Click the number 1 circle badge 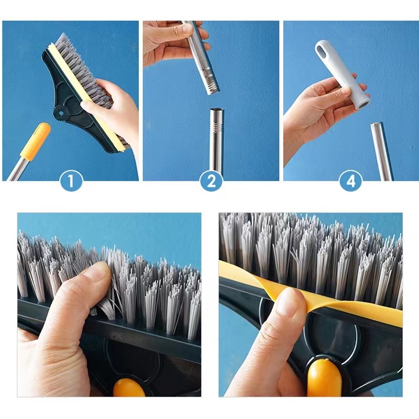pos(71,181)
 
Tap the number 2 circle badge pos(211,181)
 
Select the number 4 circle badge pos(351,181)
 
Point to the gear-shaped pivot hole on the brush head pos(61,114)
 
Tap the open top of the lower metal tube pos(217,110)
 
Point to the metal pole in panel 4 pos(382,151)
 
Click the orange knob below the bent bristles pos(128,388)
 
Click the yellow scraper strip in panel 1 pos(85,97)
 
